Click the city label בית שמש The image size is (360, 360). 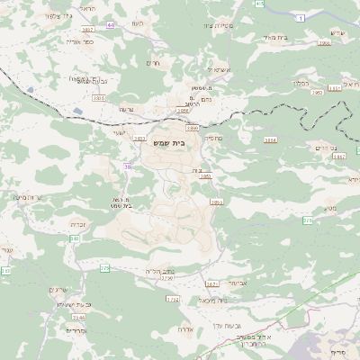183,142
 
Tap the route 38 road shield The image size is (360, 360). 128,166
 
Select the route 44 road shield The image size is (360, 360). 111,25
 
